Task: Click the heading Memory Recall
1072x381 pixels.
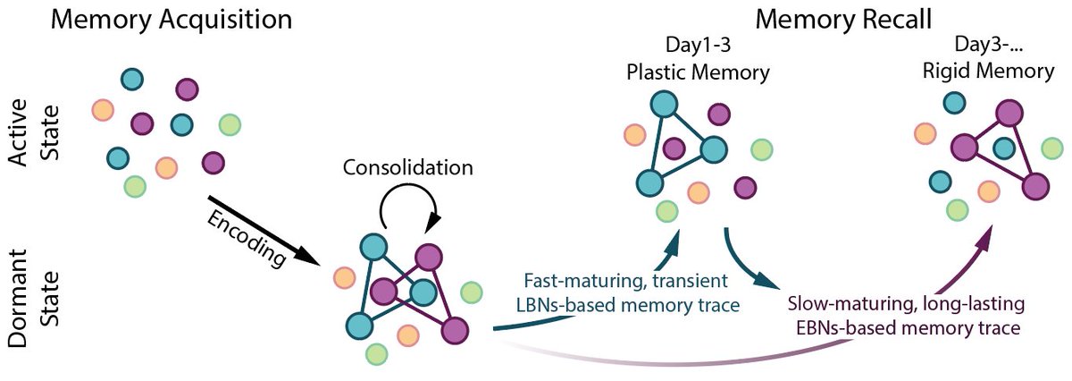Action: coord(831,20)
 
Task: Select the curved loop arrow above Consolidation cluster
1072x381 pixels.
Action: coord(408,213)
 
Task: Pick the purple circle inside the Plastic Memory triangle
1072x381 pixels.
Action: coord(674,147)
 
